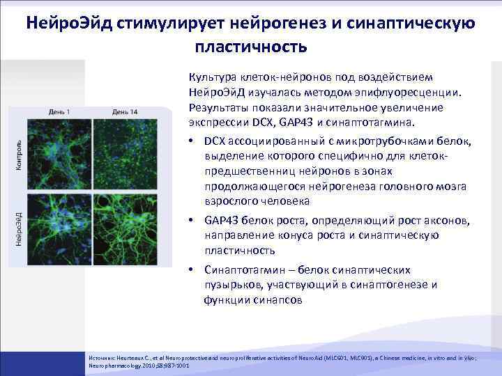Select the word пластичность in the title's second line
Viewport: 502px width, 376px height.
[x=250, y=47]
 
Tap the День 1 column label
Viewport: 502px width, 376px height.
[x=63, y=112]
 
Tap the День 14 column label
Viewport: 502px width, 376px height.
[x=125, y=112]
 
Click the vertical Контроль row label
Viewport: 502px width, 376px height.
[x=18, y=150]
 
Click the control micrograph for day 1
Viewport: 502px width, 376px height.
[x=61, y=152]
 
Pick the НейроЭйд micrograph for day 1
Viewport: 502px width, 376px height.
[x=61, y=226]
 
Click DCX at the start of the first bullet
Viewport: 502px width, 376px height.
[x=215, y=141]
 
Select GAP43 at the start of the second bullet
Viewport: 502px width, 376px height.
[x=220, y=221]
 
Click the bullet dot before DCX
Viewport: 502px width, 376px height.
[x=192, y=141]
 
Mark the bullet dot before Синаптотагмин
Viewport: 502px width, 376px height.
[x=192, y=269]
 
